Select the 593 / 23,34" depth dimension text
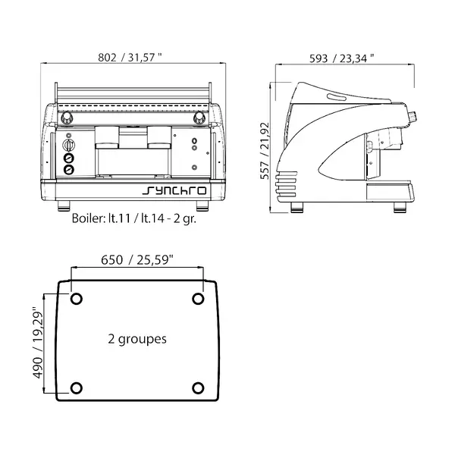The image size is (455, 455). [344, 57]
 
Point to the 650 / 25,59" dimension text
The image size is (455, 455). [137, 260]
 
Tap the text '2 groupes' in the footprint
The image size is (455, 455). [136, 339]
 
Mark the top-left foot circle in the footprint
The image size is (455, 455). [76, 298]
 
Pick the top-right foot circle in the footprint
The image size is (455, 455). [198, 298]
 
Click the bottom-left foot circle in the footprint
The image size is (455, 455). [76, 388]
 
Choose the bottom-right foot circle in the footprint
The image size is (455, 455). [198, 388]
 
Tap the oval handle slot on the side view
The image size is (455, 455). [334, 95]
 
